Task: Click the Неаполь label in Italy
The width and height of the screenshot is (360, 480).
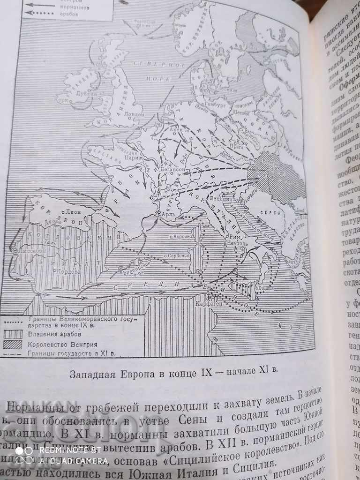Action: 232,243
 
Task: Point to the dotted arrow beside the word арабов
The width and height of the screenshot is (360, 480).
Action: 37,14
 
